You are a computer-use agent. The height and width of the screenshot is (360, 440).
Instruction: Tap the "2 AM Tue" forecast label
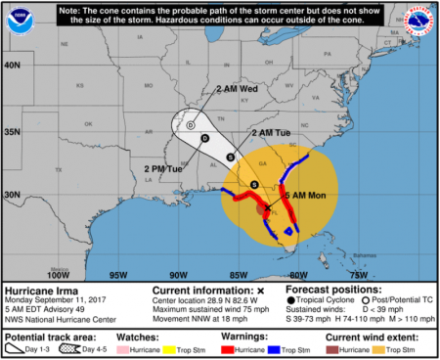269,132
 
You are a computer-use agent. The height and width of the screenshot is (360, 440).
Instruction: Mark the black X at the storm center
267,208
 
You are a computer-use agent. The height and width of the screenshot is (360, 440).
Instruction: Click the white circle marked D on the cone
192,124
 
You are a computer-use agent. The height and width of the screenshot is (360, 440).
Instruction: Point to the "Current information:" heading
201,292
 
